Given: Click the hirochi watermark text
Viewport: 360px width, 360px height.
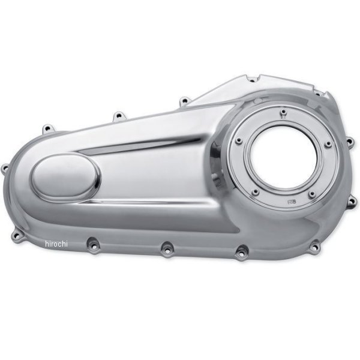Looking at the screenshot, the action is pyautogui.click(x=56, y=244).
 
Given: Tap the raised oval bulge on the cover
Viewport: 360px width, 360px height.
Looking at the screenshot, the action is pyautogui.click(x=65, y=178).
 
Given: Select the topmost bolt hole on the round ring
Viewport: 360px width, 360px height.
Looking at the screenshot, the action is pyautogui.click(x=284, y=112).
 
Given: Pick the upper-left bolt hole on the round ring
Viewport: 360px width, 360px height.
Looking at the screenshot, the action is pyautogui.click(x=239, y=140).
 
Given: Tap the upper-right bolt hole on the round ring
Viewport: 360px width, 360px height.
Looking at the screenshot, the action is pyautogui.click(x=328, y=144).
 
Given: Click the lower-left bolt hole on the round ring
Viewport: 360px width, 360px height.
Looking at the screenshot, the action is pyautogui.click(x=255, y=192).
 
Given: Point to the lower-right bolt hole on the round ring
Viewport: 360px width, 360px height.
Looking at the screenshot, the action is pyautogui.click(x=311, y=195).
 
